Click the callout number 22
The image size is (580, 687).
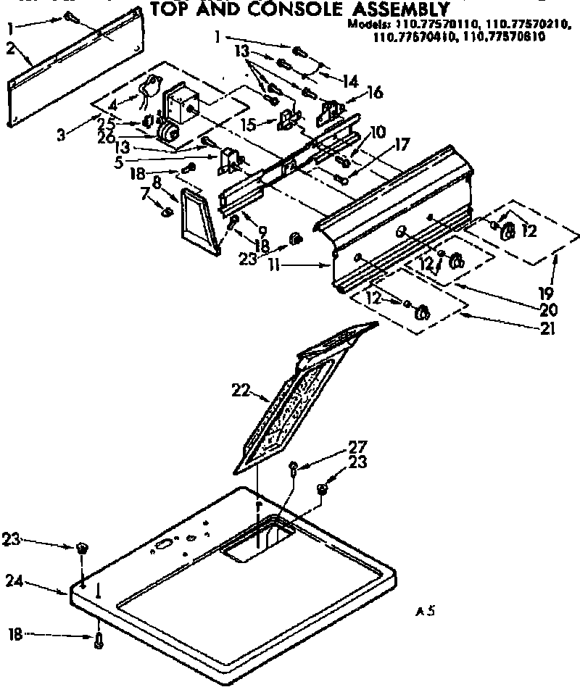(x=241, y=392)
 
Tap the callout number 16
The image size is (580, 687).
(x=376, y=93)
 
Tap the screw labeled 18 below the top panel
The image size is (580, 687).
(x=98, y=638)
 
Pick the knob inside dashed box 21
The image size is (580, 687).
(x=420, y=313)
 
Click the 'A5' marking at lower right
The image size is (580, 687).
(x=425, y=612)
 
